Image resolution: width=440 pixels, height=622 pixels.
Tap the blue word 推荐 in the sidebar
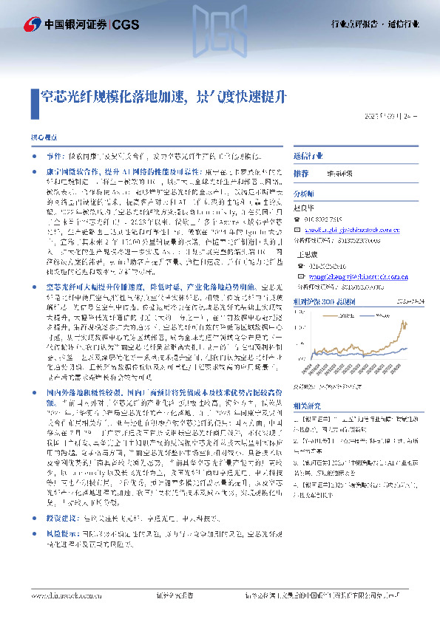(301, 173)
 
